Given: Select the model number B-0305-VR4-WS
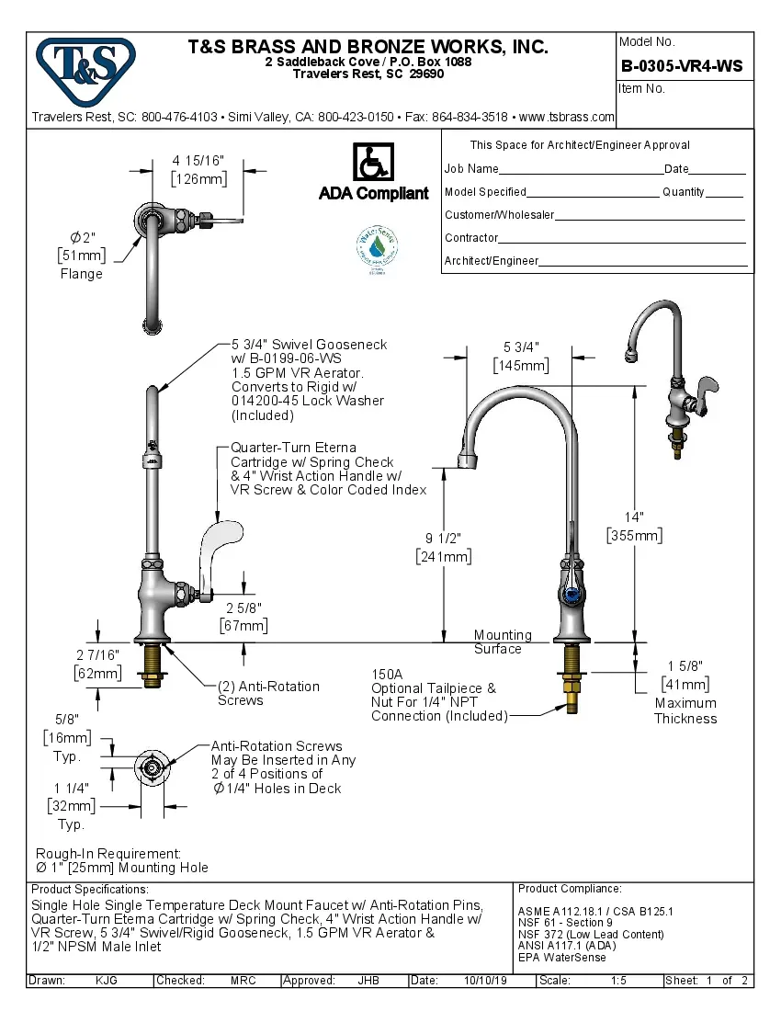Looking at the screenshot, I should (x=681, y=66).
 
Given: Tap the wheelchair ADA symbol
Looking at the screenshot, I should (x=373, y=163).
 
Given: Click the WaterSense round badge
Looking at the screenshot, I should (x=377, y=248).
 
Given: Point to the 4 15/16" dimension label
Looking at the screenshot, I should (x=198, y=161).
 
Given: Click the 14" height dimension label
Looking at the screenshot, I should (x=634, y=517).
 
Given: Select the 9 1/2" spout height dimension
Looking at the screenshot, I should (x=444, y=538).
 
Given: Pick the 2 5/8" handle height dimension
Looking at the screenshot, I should (x=243, y=608).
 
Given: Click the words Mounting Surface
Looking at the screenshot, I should (x=502, y=642).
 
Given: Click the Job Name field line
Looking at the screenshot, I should (x=581, y=169).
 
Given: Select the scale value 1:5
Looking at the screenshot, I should (x=618, y=981).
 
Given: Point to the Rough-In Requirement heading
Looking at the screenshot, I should (x=108, y=854).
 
